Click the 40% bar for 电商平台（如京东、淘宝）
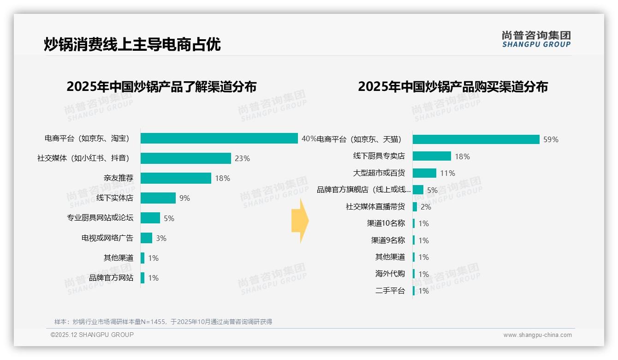[219, 138]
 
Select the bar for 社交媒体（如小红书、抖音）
[185, 158]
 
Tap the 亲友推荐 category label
[118, 178]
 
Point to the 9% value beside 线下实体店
[184, 198]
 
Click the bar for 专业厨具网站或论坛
[150, 218]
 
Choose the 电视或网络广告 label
[107, 238]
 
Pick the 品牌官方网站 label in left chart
[111, 278]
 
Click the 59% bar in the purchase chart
[476, 139]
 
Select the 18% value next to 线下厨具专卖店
[462, 156]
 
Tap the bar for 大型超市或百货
[424, 173]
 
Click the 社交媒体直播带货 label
[375, 207]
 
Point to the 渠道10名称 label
[386, 223]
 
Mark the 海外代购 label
[390, 274]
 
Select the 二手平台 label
[390, 291]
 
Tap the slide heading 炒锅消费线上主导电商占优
[132, 44]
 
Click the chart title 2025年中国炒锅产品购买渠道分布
[452, 87]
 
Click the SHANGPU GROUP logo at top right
[536, 39]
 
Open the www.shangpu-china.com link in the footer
[537, 335]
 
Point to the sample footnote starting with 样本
[163, 322]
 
